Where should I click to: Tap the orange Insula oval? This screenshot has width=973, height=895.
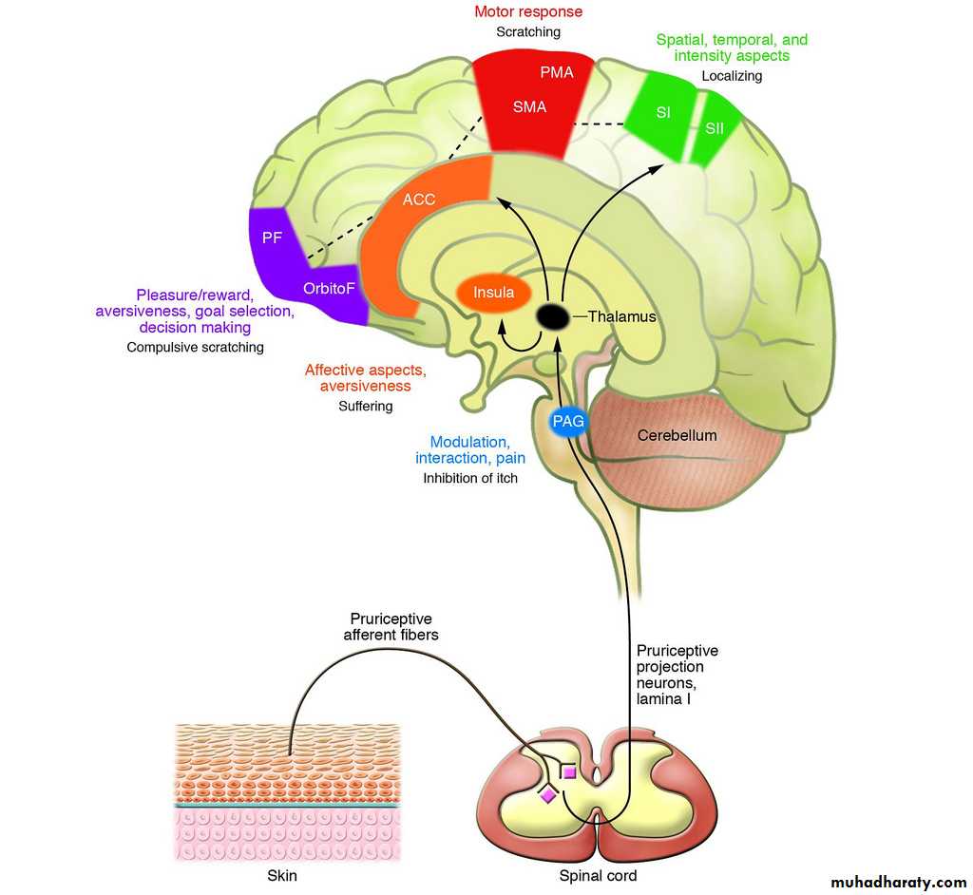pyautogui.click(x=493, y=293)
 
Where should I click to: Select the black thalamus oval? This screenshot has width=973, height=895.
pyautogui.click(x=552, y=316)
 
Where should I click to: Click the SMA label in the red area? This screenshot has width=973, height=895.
pyautogui.click(x=529, y=107)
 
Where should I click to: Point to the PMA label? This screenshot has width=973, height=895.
pyautogui.click(x=556, y=72)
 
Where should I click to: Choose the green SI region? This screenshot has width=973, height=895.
pyautogui.click(x=663, y=113)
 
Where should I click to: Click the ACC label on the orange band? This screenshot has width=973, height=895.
pyautogui.click(x=419, y=200)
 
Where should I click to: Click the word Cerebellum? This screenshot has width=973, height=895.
pyautogui.click(x=677, y=436)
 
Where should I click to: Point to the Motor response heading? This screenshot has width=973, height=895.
pyautogui.click(x=528, y=12)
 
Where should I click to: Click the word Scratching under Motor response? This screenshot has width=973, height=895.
pyautogui.click(x=528, y=32)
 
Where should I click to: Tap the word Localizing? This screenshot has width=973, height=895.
pyautogui.click(x=732, y=76)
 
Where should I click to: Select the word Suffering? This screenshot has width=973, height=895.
pyautogui.click(x=366, y=406)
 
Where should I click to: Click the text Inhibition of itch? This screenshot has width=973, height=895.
pyautogui.click(x=470, y=479)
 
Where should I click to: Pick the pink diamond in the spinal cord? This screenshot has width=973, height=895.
pyautogui.click(x=548, y=794)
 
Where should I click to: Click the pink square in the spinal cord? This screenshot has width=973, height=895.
pyautogui.click(x=568, y=772)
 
